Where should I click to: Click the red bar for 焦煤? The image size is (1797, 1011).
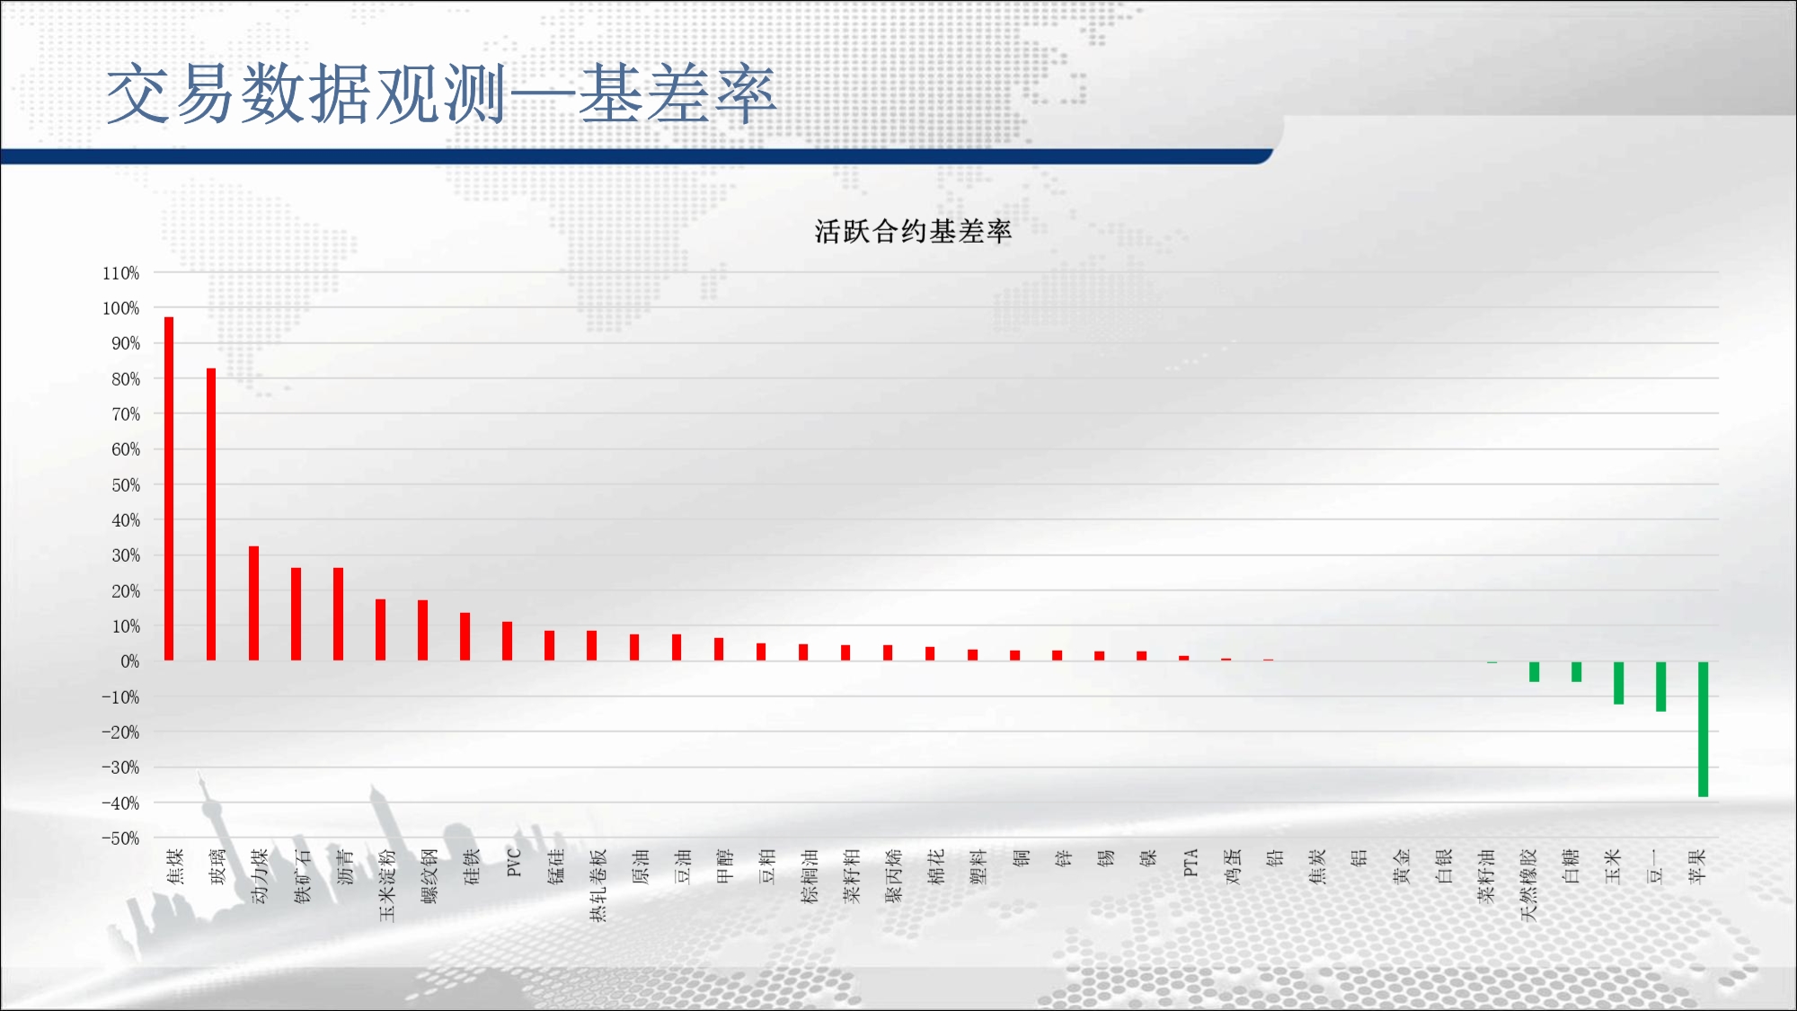point(169,489)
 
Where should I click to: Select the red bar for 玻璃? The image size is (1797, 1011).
point(211,514)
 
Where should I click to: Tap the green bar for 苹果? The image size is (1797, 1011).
point(1703,729)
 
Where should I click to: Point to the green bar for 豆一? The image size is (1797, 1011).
point(1660,687)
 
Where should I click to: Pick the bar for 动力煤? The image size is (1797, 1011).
point(253,603)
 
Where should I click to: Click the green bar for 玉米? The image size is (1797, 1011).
point(1618,683)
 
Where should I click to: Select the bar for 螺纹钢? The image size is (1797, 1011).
point(422,630)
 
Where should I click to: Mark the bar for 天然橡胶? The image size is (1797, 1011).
point(1534,672)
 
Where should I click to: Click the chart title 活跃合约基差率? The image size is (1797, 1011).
point(913,232)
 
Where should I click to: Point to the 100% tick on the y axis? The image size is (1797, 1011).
point(120,308)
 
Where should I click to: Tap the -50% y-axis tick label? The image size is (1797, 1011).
point(120,838)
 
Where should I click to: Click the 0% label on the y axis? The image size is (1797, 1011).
point(130,661)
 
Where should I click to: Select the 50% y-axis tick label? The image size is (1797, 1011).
point(126,485)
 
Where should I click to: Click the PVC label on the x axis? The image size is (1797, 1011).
point(514,863)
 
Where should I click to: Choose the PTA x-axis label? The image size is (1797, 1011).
point(1191,863)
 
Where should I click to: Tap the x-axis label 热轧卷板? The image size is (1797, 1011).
point(598,885)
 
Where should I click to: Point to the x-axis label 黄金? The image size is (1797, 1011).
point(1402,866)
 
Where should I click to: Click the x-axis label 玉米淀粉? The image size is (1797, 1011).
point(386,885)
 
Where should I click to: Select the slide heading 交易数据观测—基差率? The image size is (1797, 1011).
point(440,93)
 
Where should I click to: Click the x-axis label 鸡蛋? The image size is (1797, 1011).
point(1233,866)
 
